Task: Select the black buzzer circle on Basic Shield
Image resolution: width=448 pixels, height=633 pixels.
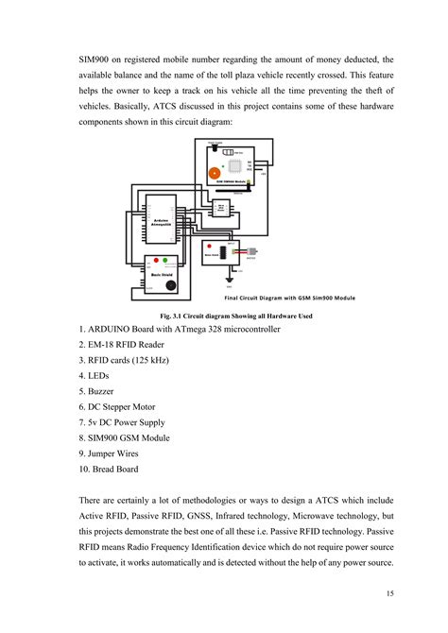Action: pyautogui.click(x=171, y=283)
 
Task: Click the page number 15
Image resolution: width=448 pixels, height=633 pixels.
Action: pyautogui.click(x=390, y=592)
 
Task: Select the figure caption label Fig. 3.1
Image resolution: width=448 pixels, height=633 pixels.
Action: pyautogui.click(x=177, y=315)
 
